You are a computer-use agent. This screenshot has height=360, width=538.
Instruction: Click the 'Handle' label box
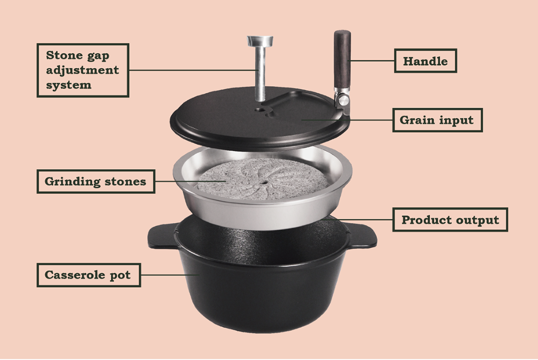tap(425, 61)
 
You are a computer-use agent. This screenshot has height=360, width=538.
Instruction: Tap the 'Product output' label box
tap(450, 219)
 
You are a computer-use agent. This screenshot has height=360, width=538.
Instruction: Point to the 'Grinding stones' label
tap(95, 182)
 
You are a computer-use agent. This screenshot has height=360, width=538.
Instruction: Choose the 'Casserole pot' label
tap(88, 275)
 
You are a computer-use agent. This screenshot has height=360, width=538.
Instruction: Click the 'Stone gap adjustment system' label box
tap(82, 70)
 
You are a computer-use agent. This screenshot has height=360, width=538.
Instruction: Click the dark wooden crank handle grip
tap(342, 59)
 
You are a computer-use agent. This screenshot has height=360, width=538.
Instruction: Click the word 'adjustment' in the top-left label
tap(82, 70)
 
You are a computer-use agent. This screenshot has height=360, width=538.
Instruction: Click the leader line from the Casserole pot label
tap(169, 275)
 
